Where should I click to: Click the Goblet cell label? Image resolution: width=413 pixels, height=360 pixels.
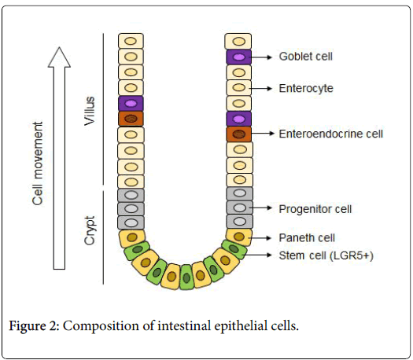305,57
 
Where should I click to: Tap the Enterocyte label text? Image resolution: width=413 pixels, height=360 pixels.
306,88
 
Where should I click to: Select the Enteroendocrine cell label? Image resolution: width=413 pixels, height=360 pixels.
331,134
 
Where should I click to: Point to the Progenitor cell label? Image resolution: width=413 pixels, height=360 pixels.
315,209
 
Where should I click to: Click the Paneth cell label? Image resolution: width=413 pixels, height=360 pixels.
307,237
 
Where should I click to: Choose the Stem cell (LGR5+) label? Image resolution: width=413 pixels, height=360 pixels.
326,255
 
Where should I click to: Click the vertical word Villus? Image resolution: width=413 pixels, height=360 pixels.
90,111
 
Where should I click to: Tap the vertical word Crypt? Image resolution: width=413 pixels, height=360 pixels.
90,230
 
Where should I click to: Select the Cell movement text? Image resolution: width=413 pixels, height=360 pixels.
38,163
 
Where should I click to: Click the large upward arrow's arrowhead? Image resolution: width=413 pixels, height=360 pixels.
59,57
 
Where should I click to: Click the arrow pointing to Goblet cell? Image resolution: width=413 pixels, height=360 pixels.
261,57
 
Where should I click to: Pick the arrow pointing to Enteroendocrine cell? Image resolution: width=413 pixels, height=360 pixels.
262,134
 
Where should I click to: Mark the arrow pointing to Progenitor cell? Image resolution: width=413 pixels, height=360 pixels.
260,208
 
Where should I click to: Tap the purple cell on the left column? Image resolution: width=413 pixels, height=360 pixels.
131,104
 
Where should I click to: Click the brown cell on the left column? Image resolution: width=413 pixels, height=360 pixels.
131,119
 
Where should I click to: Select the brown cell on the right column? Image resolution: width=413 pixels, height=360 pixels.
239,134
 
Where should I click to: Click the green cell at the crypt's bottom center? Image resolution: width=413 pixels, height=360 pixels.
186,277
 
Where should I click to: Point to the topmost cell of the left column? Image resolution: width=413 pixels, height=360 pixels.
131,41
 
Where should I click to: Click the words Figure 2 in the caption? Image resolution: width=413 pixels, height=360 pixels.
34,325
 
